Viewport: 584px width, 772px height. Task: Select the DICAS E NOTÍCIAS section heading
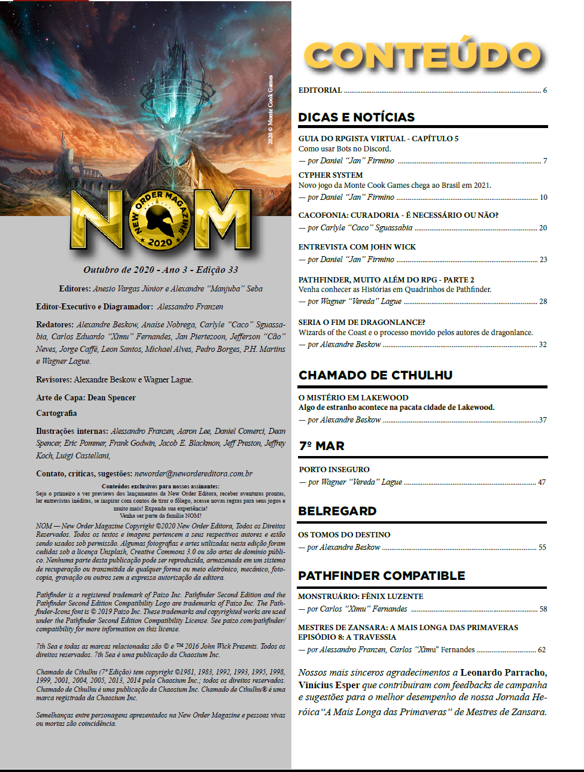(x=357, y=117)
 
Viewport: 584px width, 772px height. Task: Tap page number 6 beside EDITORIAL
(x=545, y=90)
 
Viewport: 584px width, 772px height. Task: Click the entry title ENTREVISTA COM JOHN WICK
(x=357, y=247)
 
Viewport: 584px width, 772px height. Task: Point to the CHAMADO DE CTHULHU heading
(x=375, y=375)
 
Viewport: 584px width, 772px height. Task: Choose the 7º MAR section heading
(x=321, y=446)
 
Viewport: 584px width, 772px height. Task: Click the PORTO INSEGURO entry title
(x=334, y=470)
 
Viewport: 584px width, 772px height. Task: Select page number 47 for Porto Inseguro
(x=542, y=482)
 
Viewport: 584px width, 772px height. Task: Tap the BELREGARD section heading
(x=337, y=511)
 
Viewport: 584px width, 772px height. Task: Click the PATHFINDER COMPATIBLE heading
(x=382, y=576)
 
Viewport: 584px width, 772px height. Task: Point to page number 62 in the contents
(x=542, y=650)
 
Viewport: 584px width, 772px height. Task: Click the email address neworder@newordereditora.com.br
(x=193, y=473)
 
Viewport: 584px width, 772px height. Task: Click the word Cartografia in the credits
(x=56, y=413)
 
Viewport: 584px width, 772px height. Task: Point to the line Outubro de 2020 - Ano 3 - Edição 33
(x=160, y=270)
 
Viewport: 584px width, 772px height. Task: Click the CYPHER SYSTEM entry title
(x=330, y=175)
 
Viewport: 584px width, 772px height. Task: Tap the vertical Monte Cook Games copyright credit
(x=270, y=110)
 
